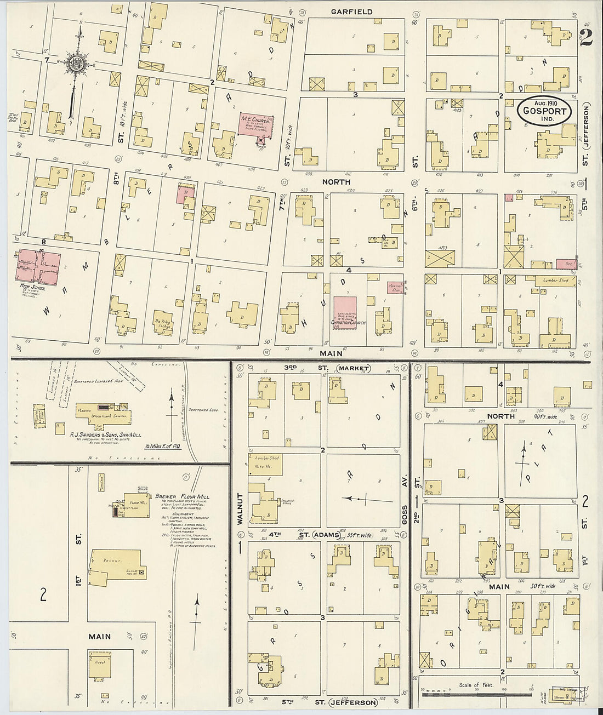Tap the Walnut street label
coord(240,509)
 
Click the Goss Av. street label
coord(405,515)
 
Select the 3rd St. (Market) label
coord(327,368)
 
